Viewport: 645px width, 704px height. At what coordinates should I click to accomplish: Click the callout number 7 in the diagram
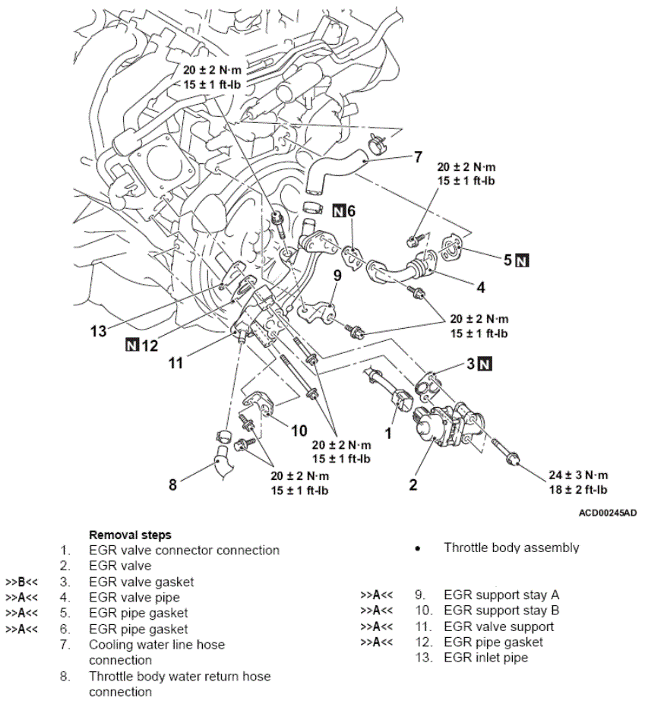click(x=418, y=158)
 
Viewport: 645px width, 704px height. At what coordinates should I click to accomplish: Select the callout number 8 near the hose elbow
click(x=172, y=484)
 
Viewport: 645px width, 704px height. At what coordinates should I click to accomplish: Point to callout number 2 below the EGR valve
click(x=413, y=484)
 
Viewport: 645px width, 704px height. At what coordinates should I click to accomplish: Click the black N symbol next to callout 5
click(x=522, y=260)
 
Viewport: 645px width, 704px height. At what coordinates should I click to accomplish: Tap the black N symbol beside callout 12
click(x=132, y=346)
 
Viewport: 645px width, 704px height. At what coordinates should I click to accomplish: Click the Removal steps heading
click(x=130, y=535)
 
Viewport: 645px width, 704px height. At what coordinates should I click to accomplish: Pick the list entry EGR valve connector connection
click(x=184, y=550)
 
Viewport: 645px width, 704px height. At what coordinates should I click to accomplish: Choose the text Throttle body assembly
click(x=511, y=548)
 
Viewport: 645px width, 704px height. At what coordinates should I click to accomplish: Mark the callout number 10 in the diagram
click(x=299, y=431)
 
